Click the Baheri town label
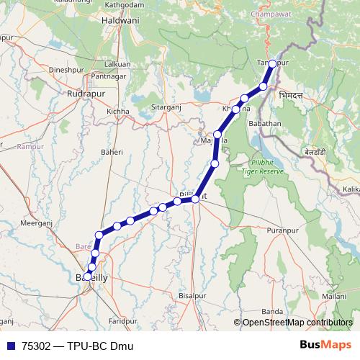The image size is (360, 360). [112, 152]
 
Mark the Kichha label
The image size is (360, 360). [117, 112]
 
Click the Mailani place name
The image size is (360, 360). [334, 295]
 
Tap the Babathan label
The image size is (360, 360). [264, 124]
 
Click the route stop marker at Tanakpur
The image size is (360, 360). [272, 63]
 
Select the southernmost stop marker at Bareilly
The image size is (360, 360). [88, 276]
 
